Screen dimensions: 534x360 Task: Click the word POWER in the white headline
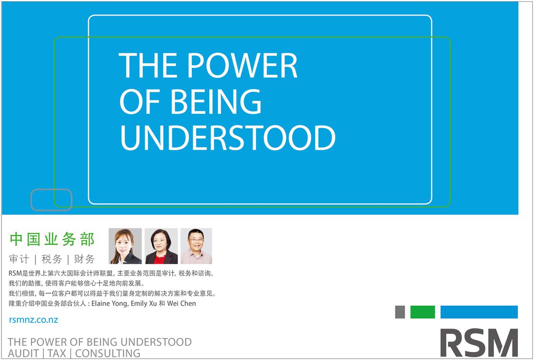click(x=242, y=65)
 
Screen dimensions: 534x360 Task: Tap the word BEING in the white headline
click(x=216, y=101)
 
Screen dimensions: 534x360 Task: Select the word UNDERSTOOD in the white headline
click(x=228, y=138)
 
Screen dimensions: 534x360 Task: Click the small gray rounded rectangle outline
click(x=51, y=190)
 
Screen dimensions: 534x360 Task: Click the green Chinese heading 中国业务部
click(x=52, y=239)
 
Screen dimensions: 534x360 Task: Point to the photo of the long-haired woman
click(x=125, y=246)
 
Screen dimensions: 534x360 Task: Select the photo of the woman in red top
click(x=161, y=246)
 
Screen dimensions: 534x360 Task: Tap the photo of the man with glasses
click(x=196, y=246)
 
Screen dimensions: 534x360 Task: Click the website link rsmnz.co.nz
click(x=33, y=320)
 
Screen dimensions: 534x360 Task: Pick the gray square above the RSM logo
click(x=400, y=312)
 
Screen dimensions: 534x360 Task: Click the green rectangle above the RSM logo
click(x=423, y=312)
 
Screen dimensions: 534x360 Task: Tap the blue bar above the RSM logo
click(x=479, y=312)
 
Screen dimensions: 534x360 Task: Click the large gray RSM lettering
click(x=479, y=343)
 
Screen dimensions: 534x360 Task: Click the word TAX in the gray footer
click(x=57, y=353)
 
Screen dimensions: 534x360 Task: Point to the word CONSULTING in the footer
click(x=108, y=353)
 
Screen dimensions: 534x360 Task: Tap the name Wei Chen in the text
click(x=181, y=303)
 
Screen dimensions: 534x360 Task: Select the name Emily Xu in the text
click(x=144, y=303)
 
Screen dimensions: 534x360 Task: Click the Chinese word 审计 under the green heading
click(x=19, y=259)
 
